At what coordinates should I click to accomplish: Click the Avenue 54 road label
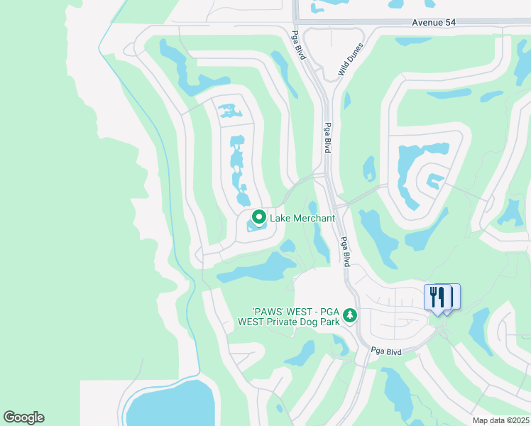coord(434,23)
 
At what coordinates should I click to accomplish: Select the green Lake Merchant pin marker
coord(259,217)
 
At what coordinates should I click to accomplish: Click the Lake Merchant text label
coord(302,218)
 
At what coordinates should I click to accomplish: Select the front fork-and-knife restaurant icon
coord(437,296)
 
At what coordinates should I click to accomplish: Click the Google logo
coord(23,417)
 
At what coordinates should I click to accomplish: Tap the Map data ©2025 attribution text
coord(500,420)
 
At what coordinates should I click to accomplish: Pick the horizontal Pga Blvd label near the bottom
coord(387,351)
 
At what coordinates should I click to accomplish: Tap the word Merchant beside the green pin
coord(313,218)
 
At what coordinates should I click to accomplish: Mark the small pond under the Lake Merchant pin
coord(256,227)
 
